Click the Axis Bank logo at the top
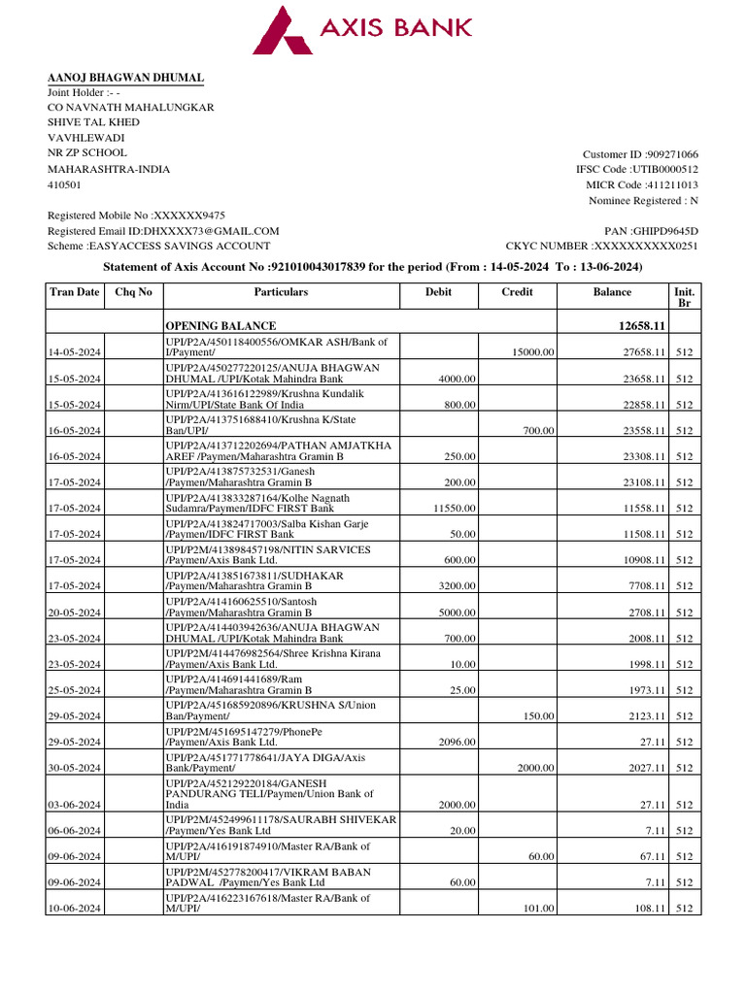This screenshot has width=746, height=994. (362, 30)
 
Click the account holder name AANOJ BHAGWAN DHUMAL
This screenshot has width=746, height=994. (126, 78)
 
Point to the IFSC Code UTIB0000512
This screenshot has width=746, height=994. (665, 169)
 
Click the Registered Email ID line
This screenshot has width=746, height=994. (163, 231)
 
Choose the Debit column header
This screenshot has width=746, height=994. (438, 292)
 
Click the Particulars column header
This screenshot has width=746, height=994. (281, 292)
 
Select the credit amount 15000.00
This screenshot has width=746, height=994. (533, 352)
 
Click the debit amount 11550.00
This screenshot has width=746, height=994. (454, 508)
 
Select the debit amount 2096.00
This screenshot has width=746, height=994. (456, 742)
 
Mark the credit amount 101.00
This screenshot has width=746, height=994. (538, 909)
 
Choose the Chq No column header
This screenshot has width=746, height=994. (133, 292)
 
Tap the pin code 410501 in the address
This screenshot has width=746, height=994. (65, 184)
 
